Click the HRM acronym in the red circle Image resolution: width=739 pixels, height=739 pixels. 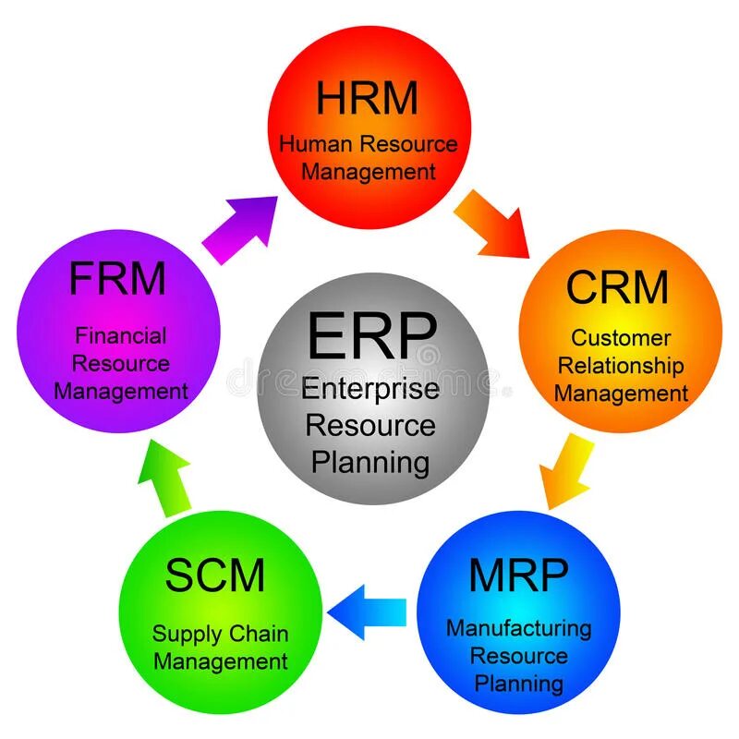pos(368,99)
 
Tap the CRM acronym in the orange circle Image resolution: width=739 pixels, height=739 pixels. pos(617,286)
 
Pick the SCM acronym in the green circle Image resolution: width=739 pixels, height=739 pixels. pos(215,576)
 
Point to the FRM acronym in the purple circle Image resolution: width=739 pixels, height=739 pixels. pos(117,278)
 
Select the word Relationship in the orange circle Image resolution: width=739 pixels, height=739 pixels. pos(621,366)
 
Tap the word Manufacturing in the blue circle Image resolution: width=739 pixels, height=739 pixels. pos(518,628)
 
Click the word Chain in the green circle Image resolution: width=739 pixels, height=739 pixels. pos(259,635)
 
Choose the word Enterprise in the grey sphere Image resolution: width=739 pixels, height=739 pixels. pos(370,389)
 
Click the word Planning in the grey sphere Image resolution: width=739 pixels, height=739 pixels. pos(370,461)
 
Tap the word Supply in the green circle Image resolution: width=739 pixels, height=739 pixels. pos(185,636)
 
